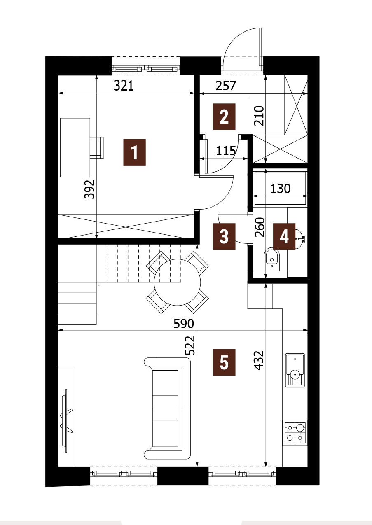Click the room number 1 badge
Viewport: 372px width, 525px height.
point(135,152)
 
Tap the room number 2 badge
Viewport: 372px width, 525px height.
point(224,117)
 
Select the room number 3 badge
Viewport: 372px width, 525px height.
point(224,236)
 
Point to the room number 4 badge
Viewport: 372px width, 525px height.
point(284,236)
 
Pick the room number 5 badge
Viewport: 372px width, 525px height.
point(224,362)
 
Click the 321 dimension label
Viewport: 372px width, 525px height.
point(124,86)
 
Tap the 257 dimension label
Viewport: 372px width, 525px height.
point(226,86)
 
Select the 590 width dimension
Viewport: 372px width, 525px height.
point(184,324)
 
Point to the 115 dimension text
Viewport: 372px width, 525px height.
point(226,151)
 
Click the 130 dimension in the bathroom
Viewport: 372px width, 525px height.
point(281,188)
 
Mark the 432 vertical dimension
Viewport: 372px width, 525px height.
point(260,360)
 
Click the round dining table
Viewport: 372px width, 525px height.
point(178,282)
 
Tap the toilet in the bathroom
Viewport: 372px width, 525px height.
point(271,259)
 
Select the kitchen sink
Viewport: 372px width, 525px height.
point(295,370)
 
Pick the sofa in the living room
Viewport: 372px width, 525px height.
point(167,408)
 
